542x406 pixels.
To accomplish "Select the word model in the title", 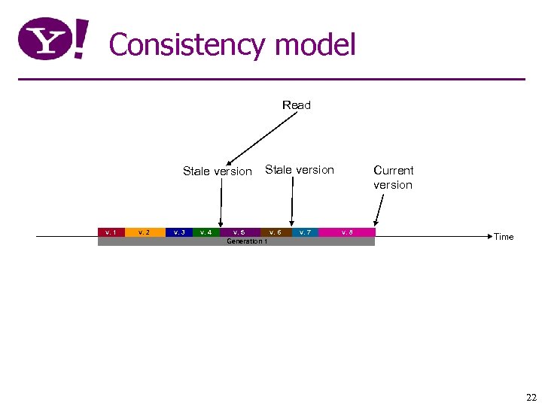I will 315,45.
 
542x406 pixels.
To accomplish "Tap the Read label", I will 296,105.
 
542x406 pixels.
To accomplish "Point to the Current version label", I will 393,177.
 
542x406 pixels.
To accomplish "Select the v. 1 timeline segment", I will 111,232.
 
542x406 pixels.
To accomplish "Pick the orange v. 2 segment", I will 145,232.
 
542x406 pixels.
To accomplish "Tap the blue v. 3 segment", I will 179,232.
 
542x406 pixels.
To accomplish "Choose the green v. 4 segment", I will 206,232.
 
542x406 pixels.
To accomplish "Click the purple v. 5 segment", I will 239,232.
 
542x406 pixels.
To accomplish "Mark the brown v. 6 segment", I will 276,232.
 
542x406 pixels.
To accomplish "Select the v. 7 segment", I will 305,232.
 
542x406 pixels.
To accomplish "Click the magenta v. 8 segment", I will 346,232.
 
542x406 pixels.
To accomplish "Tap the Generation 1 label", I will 246,241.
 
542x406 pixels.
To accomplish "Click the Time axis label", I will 504,237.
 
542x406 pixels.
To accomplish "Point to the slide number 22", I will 531,398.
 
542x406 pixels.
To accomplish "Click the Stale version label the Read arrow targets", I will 218,171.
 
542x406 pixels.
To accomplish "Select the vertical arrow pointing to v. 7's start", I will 292,201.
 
